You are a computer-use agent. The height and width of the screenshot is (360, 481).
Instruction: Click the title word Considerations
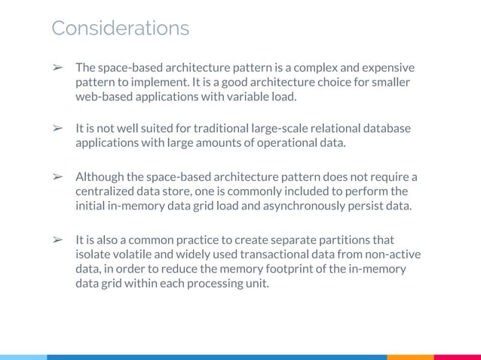click(120, 29)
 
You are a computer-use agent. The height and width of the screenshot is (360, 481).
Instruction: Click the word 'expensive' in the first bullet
click(388, 69)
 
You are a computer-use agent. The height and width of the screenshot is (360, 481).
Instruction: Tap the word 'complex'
click(308, 69)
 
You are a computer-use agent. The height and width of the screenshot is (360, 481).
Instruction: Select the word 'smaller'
click(389, 83)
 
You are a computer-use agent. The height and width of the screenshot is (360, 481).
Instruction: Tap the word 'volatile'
click(124, 254)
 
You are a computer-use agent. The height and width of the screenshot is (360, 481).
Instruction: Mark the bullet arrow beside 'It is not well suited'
click(56, 129)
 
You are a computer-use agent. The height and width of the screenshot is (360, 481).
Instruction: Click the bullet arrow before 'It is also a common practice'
click(56, 240)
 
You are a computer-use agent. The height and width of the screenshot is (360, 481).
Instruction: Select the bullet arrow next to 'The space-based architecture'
click(56, 69)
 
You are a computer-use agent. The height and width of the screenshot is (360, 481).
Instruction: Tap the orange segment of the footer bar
click(410, 357)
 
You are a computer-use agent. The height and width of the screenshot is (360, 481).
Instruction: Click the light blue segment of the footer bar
click(23, 357)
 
